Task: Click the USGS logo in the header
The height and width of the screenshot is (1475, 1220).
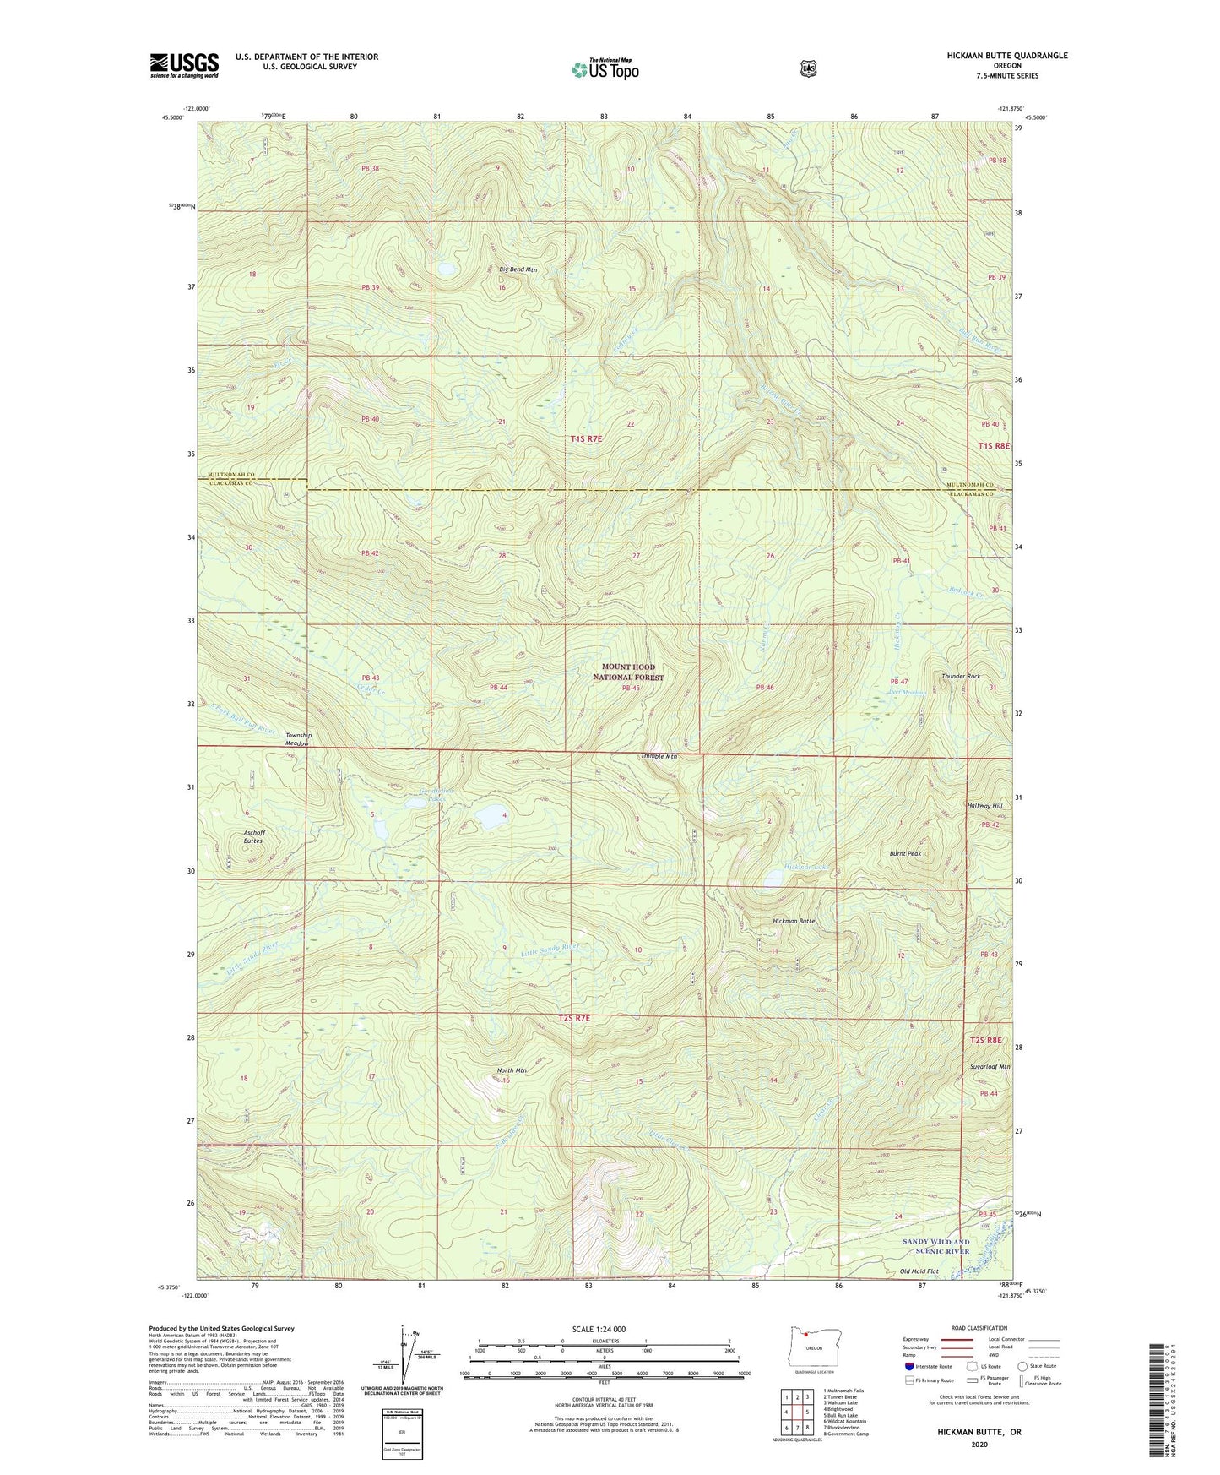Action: tap(184, 65)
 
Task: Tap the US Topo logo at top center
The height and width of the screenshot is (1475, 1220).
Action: tap(604, 69)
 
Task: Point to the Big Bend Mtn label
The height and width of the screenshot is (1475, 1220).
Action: tap(518, 269)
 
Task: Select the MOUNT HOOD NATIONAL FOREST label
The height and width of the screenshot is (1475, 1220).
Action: tap(627, 672)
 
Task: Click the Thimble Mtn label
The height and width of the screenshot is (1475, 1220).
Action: tap(659, 756)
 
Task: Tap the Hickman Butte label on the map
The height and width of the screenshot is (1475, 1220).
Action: tap(794, 921)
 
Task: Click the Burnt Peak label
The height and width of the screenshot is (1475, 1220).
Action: tap(905, 854)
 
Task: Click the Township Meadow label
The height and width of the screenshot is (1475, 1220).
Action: tap(298, 739)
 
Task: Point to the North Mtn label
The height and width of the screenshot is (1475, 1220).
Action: tap(512, 1070)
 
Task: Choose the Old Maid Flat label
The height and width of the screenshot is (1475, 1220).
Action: tap(919, 1271)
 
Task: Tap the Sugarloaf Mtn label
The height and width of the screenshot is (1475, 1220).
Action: tap(990, 1067)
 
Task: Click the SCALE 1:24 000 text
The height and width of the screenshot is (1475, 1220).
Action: tap(599, 1329)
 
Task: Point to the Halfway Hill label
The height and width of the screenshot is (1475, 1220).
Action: tap(984, 806)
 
